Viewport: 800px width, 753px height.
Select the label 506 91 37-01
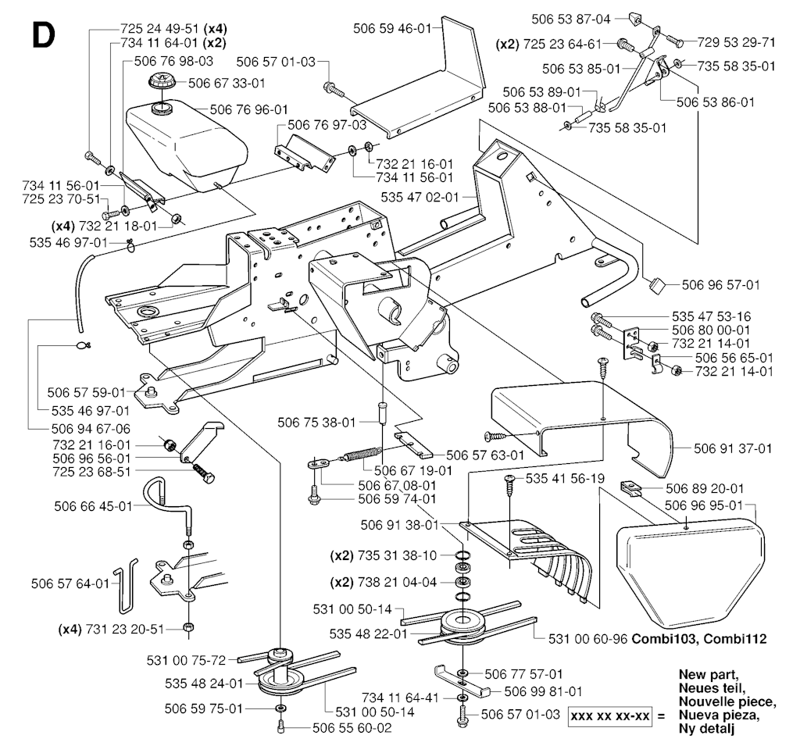tap(732, 448)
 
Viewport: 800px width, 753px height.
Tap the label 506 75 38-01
tap(316, 422)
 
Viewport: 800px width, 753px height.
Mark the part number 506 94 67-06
tap(91, 429)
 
